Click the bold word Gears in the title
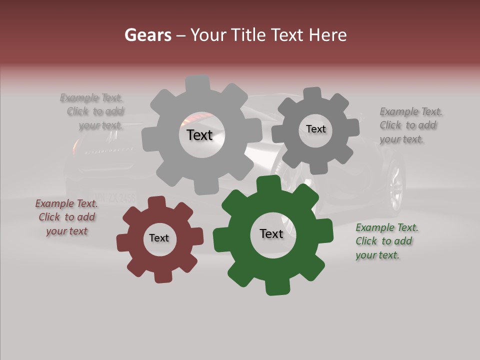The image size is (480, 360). [x=147, y=35]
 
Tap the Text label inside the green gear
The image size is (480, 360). [x=271, y=234]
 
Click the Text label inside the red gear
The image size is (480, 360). [x=159, y=238]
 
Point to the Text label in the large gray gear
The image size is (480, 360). [x=199, y=135]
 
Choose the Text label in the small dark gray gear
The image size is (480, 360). [x=315, y=129]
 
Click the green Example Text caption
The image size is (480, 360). [x=386, y=241]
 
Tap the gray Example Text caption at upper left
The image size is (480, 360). [x=93, y=111]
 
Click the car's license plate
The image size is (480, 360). [x=114, y=196]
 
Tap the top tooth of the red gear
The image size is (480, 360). [x=157, y=202]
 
